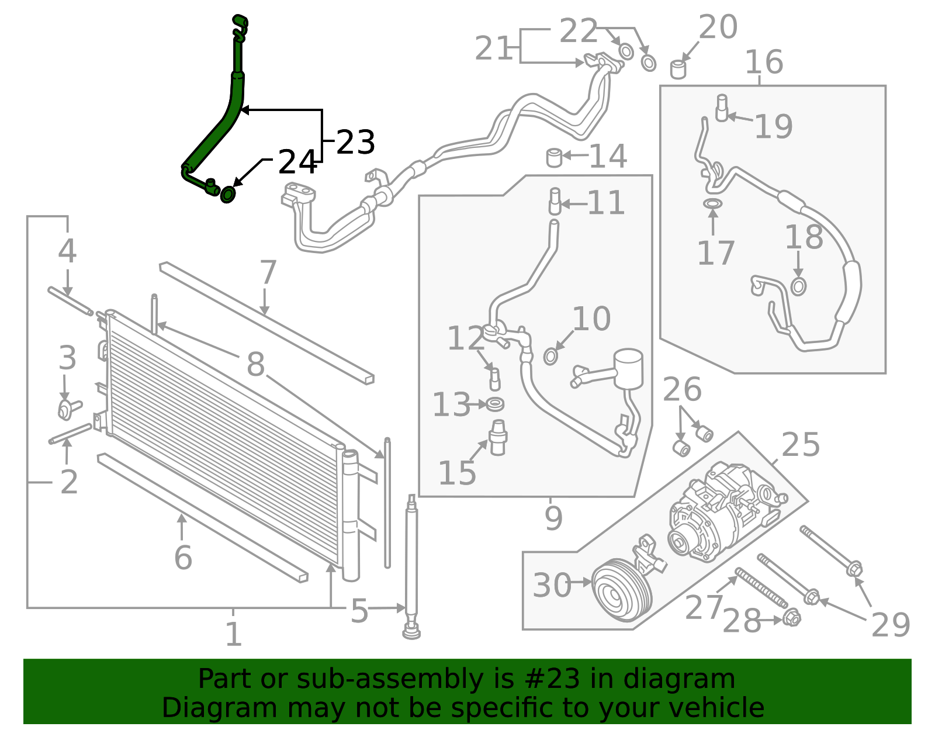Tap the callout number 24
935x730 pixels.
(298, 162)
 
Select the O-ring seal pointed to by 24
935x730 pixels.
(228, 194)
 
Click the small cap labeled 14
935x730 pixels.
(554, 157)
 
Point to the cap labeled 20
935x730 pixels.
(678, 69)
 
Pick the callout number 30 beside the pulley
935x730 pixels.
(552, 585)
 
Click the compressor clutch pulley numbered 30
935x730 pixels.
(622, 590)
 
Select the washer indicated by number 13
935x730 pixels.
(495, 404)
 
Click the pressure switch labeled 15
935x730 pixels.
(498, 437)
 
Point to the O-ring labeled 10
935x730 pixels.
(550, 356)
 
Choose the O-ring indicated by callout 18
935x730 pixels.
(798, 286)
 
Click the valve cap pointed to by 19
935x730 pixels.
(722, 108)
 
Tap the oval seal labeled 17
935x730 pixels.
(713, 203)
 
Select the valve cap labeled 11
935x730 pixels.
(555, 201)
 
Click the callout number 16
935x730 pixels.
(764, 61)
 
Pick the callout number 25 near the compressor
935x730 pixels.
(801, 444)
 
